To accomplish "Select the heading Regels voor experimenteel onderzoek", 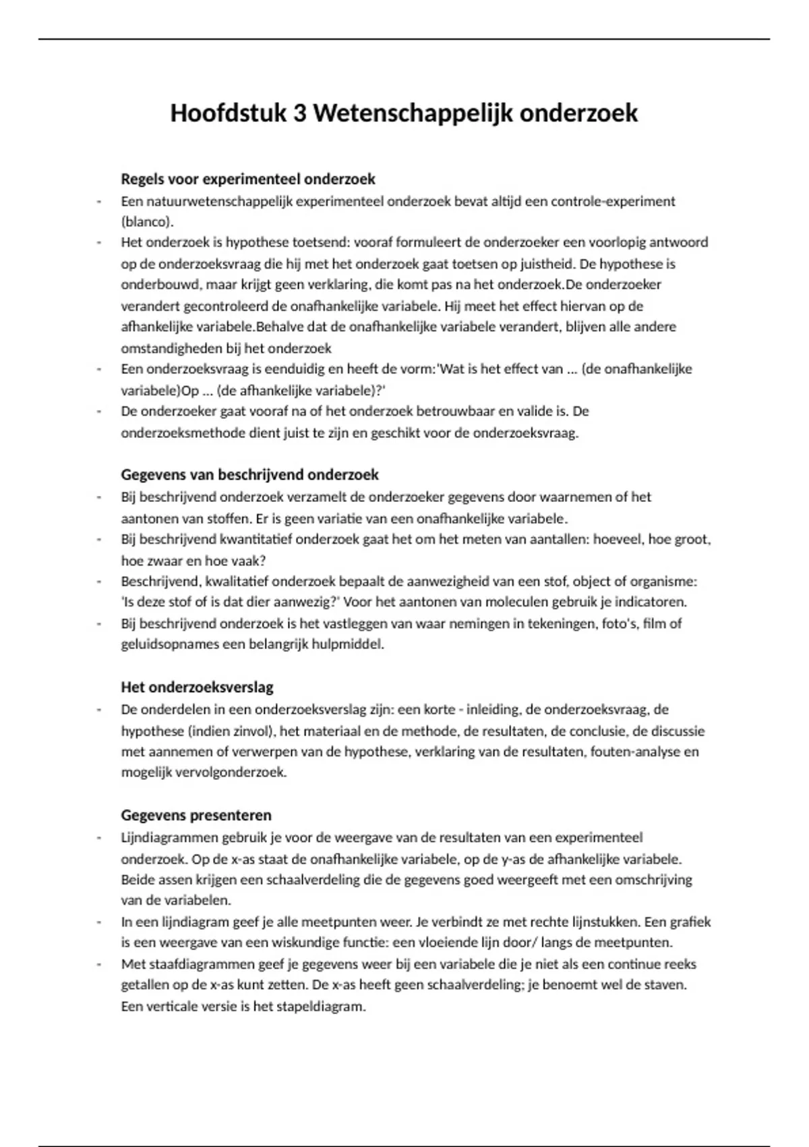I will (x=248, y=179).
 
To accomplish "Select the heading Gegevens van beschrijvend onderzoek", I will (x=249, y=475).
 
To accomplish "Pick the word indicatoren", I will (x=649, y=601).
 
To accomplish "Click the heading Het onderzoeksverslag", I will (x=197, y=688).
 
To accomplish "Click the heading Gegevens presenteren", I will (x=196, y=815).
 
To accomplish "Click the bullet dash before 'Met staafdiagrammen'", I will (x=99, y=964).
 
